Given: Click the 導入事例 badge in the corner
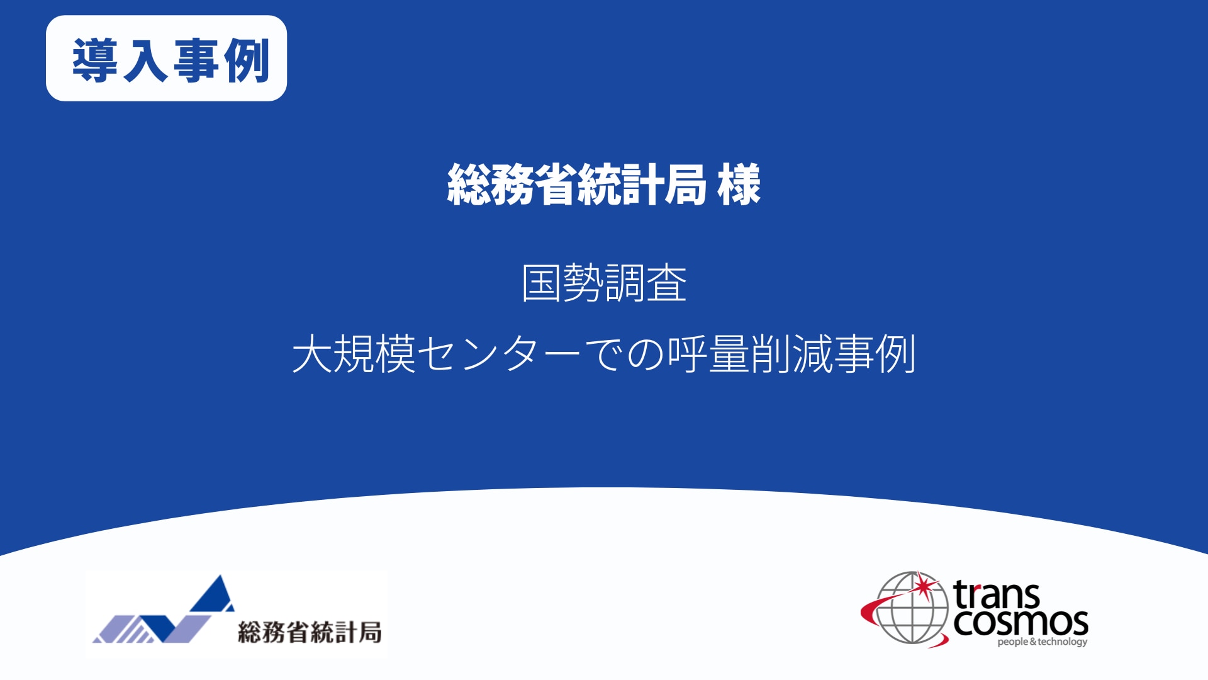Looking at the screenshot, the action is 166,58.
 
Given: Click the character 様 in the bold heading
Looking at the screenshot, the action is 739,184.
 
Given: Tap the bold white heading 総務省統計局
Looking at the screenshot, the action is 577,184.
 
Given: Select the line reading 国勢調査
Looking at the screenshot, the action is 604,283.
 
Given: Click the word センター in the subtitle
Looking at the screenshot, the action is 499,354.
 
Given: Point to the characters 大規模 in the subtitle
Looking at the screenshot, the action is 354,354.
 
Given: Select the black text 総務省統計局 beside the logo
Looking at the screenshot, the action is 310,632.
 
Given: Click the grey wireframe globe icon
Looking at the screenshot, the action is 912,608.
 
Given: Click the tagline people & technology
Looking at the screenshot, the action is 1043,642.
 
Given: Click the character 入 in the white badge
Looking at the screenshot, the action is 146,60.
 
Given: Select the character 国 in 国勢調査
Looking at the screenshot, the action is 541,283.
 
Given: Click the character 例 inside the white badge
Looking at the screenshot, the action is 247,60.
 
